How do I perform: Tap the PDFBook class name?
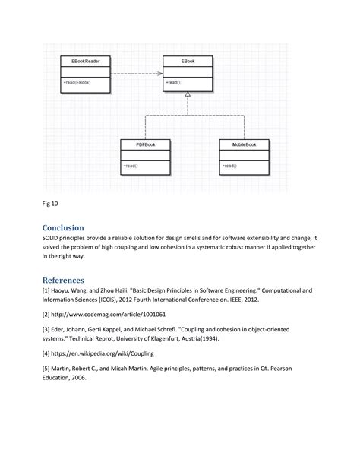146,144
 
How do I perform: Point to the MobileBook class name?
245,144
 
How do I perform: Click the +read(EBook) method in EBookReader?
77,81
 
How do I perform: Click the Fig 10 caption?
50,203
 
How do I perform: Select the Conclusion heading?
63,227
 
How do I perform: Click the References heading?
63,280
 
